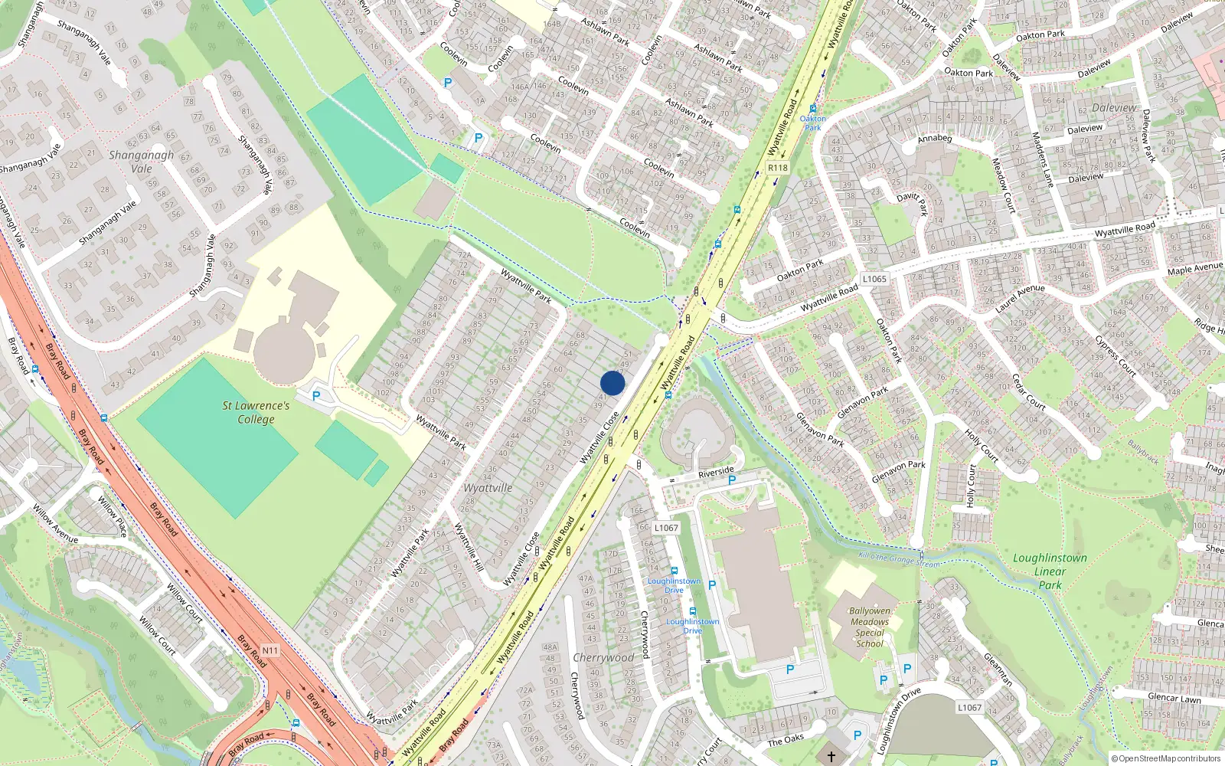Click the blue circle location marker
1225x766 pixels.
point(612,383)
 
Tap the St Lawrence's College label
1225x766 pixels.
point(256,412)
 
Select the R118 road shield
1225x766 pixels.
point(777,168)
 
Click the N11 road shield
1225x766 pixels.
point(270,650)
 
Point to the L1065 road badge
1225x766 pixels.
point(874,279)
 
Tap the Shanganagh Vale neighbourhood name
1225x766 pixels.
point(141,162)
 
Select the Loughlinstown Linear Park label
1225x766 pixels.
point(1050,571)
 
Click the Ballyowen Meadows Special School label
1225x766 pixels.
point(870,627)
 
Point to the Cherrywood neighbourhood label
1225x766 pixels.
point(603,657)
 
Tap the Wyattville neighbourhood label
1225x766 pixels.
point(488,488)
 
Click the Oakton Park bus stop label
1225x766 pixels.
point(812,123)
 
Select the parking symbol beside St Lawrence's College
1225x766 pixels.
point(316,396)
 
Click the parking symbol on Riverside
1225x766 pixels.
point(732,480)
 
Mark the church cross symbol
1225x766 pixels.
point(831,757)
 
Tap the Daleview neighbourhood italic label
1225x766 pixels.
point(1114,108)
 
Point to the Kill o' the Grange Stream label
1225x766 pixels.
point(898,559)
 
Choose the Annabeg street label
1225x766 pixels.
point(935,139)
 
